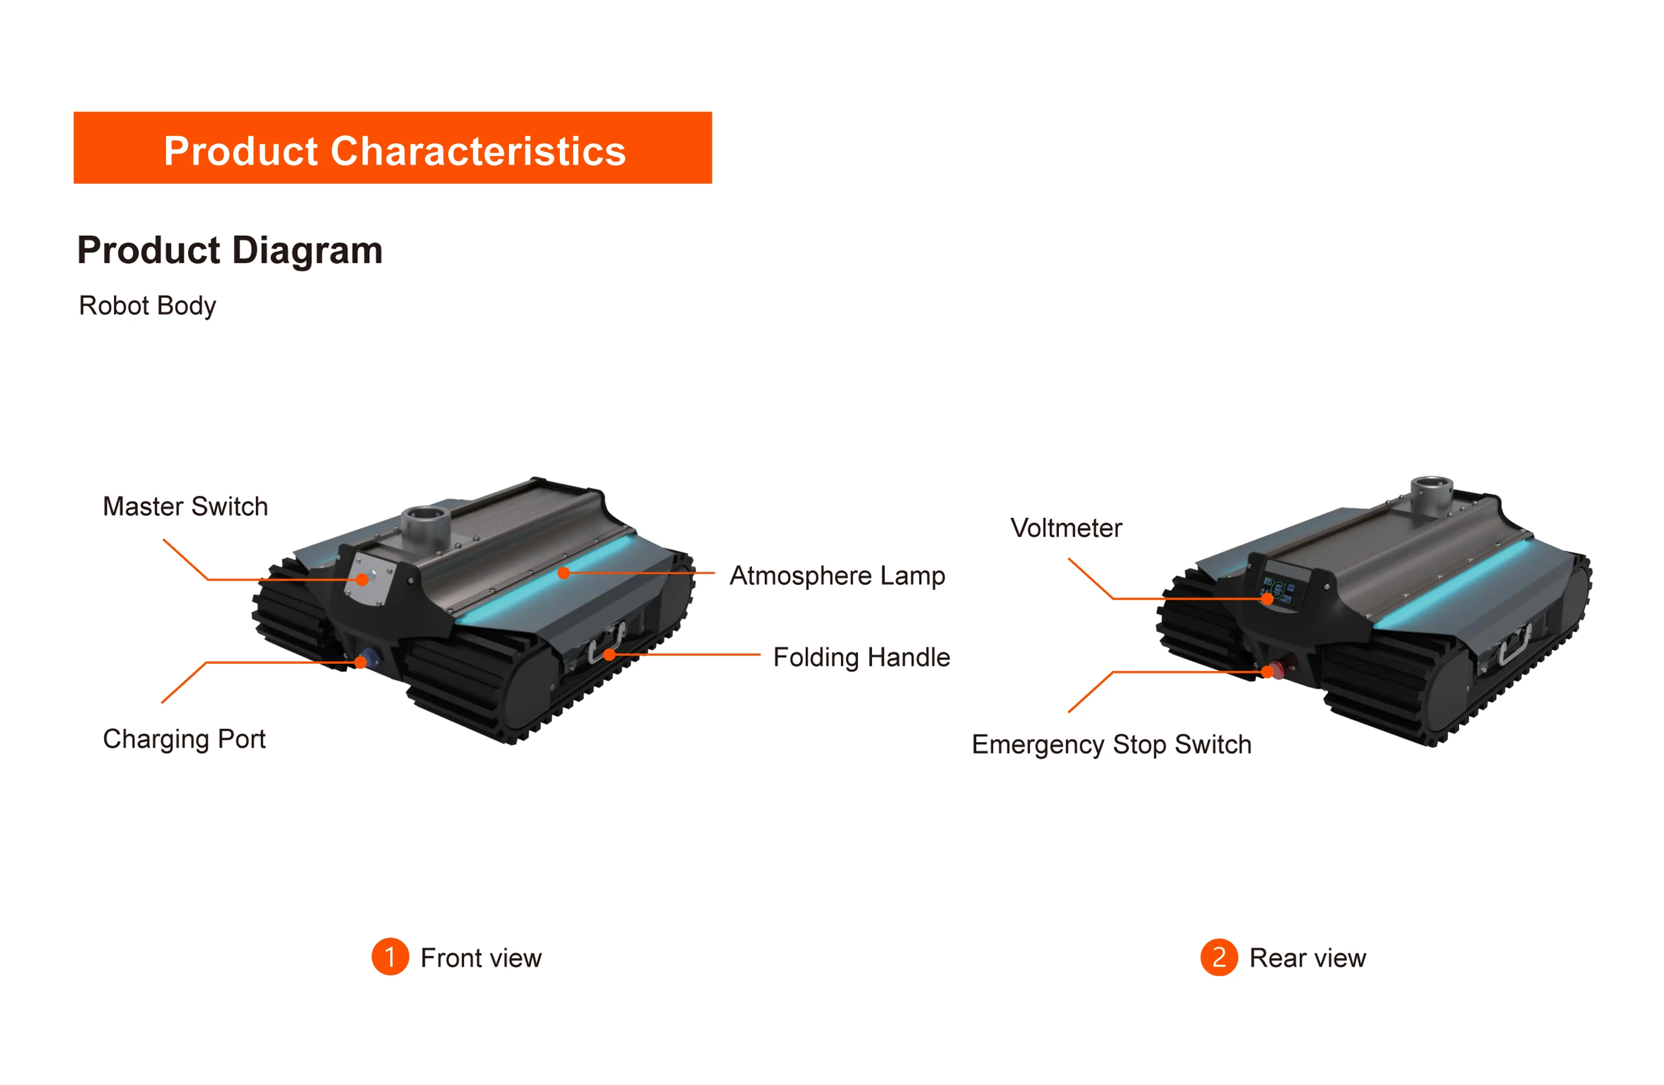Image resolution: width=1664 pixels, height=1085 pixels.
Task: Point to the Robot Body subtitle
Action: [x=148, y=306]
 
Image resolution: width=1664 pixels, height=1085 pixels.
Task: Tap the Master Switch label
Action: [x=186, y=506]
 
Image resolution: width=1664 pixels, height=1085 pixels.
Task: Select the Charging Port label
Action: [x=184, y=739]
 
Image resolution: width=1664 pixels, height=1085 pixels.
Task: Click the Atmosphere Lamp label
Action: [x=837, y=576]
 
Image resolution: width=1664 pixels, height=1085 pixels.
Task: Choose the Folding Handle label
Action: [x=861, y=657]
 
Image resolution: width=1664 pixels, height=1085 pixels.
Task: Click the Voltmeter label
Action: [x=1066, y=528]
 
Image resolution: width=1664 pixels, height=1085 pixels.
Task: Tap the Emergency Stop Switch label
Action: [x=1112, y=745]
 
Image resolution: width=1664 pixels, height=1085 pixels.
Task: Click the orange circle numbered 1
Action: [x=390, y=956]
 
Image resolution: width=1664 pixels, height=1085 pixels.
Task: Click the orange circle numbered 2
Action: [x=1219, y=956]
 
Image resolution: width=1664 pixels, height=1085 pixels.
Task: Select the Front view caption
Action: [x=481, y=958]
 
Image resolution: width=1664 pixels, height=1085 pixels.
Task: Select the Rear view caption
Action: [x=1308, y=958]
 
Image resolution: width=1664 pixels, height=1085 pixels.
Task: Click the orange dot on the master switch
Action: [x=362, y=580]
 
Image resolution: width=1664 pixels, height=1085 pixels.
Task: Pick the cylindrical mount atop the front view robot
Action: [x=424, y=526]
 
